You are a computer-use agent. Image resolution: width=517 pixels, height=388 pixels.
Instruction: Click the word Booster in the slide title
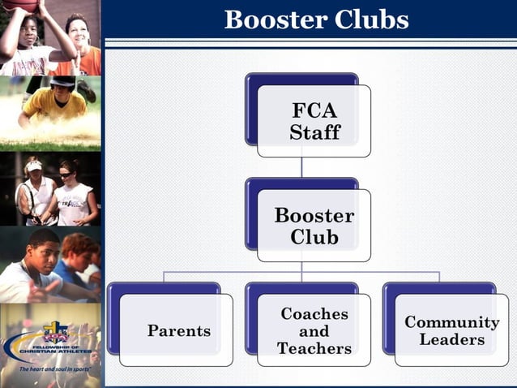point(271,19)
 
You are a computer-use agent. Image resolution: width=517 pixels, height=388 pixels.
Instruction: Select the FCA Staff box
point(314,121)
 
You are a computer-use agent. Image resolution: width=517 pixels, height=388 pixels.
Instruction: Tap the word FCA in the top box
point(314,111)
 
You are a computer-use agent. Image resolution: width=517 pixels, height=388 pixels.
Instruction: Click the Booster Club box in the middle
point(314,226)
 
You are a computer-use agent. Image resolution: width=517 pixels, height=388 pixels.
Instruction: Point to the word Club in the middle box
point(314,237)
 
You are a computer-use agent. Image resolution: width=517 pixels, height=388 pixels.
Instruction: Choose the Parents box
point(177,330)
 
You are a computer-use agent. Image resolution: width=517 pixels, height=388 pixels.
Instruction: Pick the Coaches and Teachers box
point(314,330)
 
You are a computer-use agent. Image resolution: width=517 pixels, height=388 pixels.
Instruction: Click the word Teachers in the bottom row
point(314,349)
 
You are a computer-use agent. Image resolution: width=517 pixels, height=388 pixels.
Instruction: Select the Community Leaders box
point(451,330)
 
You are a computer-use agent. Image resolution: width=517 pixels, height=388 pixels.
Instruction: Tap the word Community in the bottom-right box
point(452,321)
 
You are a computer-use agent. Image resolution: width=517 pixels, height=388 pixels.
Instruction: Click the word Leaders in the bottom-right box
point(452,340)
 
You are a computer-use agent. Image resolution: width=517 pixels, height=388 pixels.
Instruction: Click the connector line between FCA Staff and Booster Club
point(301,167)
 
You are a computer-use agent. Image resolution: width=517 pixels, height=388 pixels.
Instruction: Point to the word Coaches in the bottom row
point(314,313)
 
